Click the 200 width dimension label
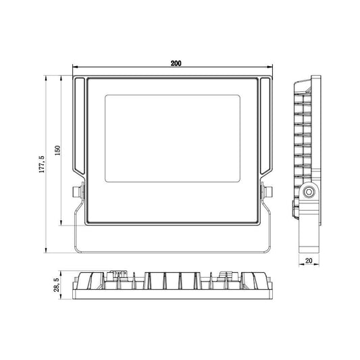click(x=176, y=63)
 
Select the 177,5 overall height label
click(x=42, y=164)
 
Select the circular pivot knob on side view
click(x=309, y=192)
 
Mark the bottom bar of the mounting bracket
click(x=172, y=248)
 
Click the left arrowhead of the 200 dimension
click(x=75, y=68)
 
